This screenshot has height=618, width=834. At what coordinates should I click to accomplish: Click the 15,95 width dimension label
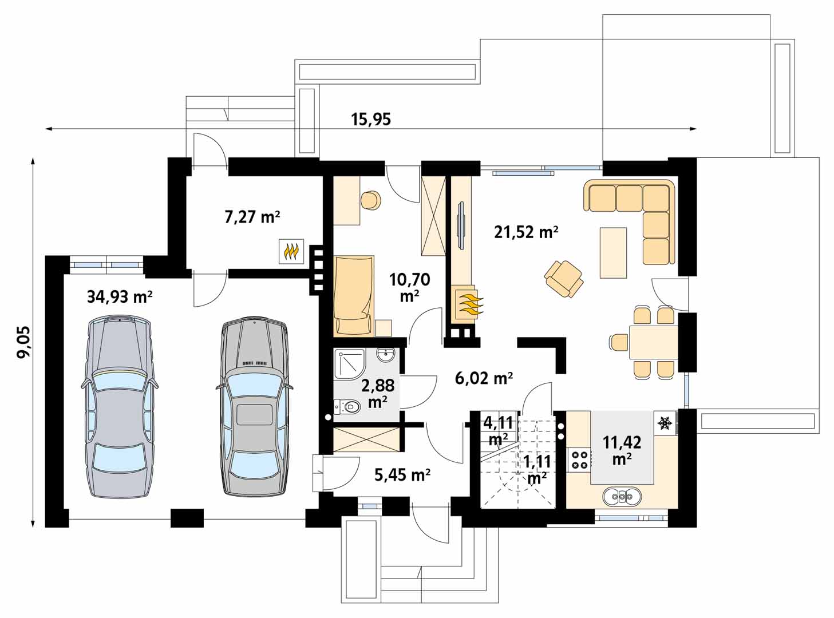point(371,119)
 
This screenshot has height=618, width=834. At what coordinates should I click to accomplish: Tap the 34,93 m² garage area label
point(120,296)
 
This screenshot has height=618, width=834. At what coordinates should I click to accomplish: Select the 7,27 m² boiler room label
point(252,217)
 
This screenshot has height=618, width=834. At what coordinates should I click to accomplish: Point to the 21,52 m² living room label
point(526,232)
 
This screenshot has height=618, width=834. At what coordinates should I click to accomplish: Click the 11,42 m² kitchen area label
point(622,450)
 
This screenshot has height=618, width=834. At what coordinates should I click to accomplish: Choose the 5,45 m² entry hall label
point(402,475)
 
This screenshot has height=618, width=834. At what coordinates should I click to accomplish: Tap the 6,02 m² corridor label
point(484,378)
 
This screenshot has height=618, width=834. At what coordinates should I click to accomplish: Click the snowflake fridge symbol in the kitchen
point(665,423)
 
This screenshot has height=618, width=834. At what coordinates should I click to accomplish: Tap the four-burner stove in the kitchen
point(579,459)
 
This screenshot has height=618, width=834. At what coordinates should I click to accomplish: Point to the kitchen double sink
point(622,497)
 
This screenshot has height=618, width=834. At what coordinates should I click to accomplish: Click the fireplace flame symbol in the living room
point(468,304)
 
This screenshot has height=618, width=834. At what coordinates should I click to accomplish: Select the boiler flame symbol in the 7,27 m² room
point(291,251)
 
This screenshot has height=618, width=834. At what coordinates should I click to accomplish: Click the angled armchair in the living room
point(564,279)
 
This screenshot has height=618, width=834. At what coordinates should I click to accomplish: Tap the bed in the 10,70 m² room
point(353,295)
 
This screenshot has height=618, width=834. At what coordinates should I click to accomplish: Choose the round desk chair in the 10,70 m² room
point(370,200)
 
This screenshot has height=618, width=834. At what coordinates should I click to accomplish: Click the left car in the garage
point(120,407)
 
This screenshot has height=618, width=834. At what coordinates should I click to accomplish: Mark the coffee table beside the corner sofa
point(613,252)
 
